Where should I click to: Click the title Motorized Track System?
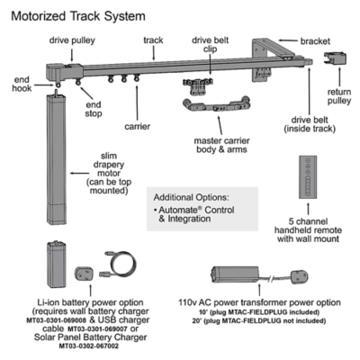(78, 16)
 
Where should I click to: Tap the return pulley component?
(335, 58)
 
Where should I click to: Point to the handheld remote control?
(308, 177)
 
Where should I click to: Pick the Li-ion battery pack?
(56, 264)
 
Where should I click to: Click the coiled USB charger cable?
(119, 264)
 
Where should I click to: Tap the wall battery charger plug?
(84, 273)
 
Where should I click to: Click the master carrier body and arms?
(217, 104)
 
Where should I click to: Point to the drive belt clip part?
(198, 86)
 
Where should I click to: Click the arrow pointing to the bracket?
(288, 40)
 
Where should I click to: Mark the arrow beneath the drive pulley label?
(72, 55)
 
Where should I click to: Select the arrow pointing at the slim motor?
(79, 173)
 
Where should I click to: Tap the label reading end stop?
(94, 109)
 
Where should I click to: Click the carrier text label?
(138, 127)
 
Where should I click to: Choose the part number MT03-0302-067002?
(89, 346)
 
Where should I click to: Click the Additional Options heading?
(192, 197)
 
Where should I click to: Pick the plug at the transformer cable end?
(300, 276)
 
